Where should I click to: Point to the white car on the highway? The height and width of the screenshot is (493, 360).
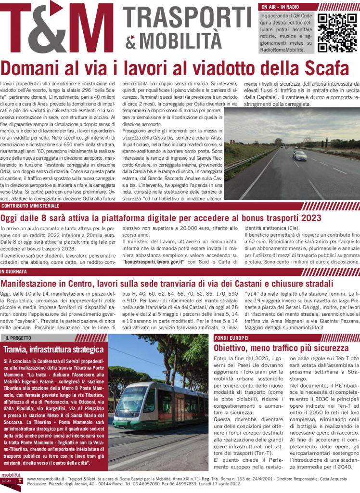coord(300,155)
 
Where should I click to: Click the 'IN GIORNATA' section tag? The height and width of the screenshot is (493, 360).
coord(14,272)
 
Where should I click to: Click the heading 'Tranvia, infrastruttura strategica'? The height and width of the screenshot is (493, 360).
coord(54,349)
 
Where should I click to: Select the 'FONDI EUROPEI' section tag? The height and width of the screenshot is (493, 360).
coord(231,338)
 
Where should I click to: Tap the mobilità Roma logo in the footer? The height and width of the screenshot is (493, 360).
coord(12,481)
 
